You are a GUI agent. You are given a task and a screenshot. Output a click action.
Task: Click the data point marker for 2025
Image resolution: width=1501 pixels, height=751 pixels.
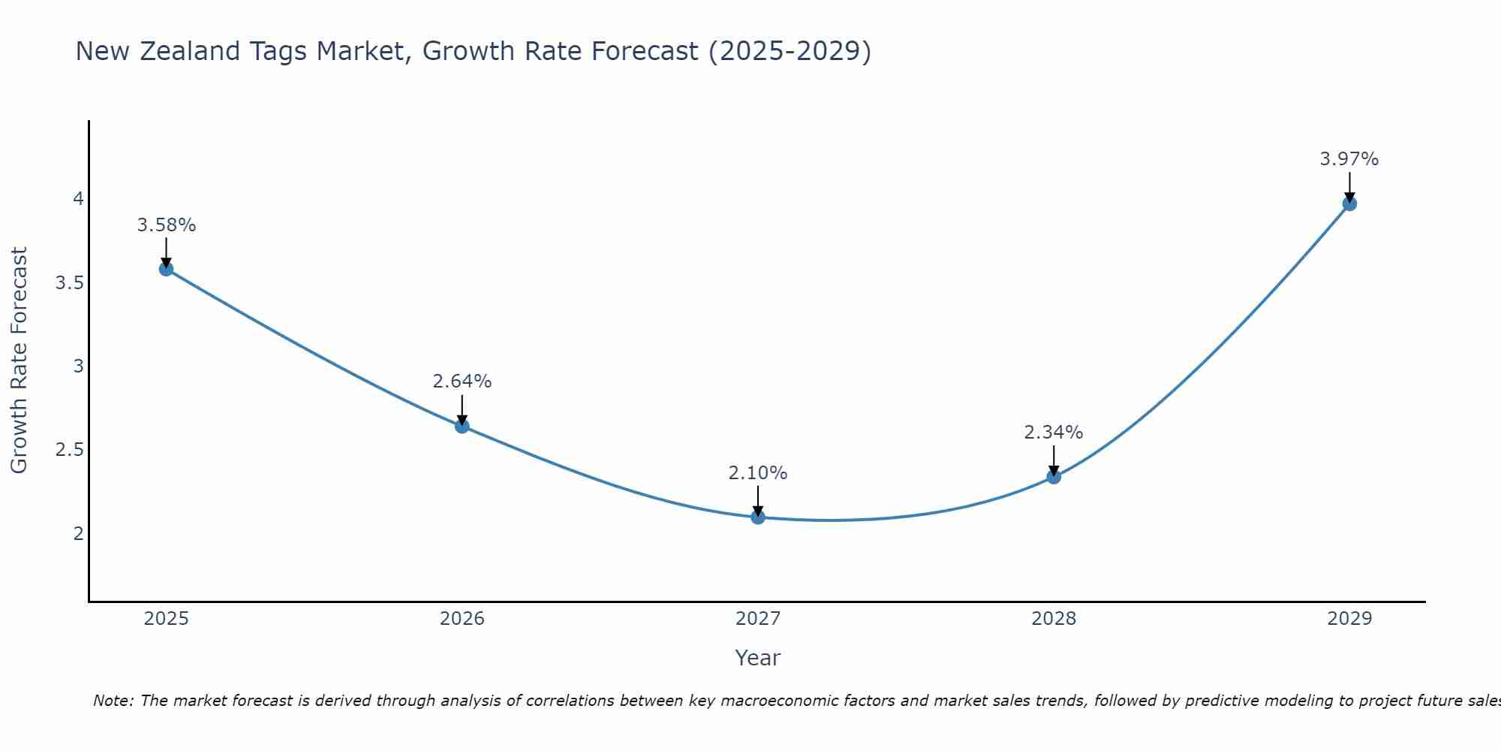click(167, 269)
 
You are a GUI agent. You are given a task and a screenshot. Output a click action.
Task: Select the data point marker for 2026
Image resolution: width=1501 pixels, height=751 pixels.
click(462, 426)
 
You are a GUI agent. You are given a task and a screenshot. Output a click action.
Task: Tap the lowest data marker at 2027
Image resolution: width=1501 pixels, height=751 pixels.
click(758, 517)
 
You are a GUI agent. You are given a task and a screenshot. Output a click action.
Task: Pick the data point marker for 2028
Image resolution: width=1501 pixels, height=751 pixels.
click(1054, 476)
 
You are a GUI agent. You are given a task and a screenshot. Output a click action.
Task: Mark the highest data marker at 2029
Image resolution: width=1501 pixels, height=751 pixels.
click(1349, 204)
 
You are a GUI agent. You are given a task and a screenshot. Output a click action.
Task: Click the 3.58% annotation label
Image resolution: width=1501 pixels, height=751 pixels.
click(167, 225)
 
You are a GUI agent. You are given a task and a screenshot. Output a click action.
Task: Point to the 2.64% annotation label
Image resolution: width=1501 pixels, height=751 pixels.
click(462, 382)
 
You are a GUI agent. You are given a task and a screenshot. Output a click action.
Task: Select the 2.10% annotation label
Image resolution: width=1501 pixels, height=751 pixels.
click(758, 473)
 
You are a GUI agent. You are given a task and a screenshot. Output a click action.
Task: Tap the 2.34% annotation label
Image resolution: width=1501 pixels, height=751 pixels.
click(1054, 433)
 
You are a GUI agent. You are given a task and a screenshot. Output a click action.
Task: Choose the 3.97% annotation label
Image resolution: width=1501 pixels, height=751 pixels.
click(1349, 159)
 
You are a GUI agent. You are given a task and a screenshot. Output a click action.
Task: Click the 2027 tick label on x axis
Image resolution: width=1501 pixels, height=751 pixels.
click(758, 619)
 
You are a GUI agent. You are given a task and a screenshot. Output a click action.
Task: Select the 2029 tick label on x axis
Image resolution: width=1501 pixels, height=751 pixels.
click(1349, 619)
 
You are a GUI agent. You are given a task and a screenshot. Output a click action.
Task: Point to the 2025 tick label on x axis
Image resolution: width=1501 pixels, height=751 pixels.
click(167, 619)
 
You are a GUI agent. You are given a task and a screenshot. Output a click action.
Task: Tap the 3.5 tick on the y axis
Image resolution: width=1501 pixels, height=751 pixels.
click(69, 283)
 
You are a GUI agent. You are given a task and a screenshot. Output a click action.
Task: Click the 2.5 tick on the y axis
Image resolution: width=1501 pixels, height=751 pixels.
click(69, 450)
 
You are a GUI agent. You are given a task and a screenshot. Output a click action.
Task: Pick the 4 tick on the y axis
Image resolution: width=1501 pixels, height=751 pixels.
click(78, 199)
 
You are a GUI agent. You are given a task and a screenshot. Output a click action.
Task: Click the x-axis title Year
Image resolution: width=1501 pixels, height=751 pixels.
click(758, 658)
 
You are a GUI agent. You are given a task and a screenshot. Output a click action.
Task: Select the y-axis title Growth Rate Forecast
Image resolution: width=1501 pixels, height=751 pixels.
click(20, 360)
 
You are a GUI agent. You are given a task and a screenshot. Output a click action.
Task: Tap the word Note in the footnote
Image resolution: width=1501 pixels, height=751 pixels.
click(113, 701)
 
